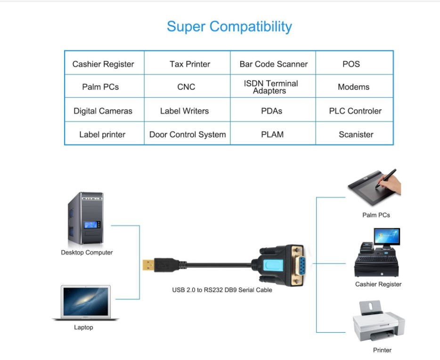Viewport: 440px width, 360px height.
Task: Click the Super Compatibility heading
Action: [229, 26]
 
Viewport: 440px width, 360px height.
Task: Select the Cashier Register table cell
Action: [103, 64]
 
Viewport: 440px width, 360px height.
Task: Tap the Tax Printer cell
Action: [190, 64]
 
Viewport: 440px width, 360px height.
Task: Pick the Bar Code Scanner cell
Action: [273, 64]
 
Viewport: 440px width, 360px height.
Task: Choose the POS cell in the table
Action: [351, 64]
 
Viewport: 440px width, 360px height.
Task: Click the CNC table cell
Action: [186, 87]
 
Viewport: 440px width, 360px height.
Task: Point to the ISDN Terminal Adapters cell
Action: [271, 87]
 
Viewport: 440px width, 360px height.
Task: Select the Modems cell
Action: [353, 87]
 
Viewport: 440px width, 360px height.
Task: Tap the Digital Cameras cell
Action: [103, 111]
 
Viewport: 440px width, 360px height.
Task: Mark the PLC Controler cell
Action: [355, 111]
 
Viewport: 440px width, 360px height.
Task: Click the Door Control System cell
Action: [187, 135]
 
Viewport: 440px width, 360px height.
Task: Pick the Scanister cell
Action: [356, 135]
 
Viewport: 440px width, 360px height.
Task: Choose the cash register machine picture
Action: [378, 254]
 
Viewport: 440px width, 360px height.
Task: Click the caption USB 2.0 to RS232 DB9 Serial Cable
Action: [222, 290]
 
